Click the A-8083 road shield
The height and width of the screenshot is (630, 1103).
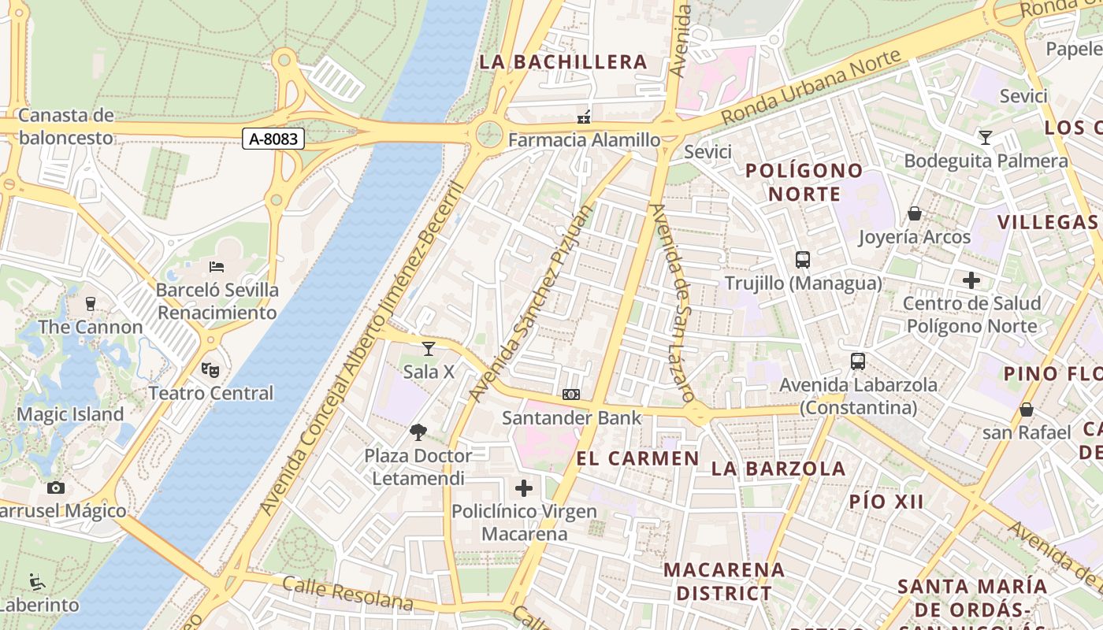coord(273,139)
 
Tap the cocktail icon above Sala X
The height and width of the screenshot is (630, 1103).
coord(428,349)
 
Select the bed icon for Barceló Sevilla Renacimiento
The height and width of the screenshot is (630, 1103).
coord(217,267)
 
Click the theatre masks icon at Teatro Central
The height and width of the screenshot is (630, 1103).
coord(210,369)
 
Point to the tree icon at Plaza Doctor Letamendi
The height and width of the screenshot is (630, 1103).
coord(418,432)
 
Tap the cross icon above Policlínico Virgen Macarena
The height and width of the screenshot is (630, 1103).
coord(524,488)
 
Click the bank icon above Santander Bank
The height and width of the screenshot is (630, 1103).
coord(571,395)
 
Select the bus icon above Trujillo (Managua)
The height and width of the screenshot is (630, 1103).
coord(803,260)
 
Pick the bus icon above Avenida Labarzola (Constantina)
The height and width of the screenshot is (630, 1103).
coord(858,361)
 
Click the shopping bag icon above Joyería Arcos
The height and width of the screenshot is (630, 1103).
coord(915,213)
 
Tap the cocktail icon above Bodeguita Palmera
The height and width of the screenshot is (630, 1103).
coord(985,138)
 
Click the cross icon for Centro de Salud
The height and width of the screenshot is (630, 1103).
coord(971,280)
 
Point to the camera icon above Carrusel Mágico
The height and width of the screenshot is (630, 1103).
coord(55,487)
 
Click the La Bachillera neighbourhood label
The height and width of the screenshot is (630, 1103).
coord(563,61)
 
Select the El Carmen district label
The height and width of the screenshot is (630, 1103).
coord(637,458)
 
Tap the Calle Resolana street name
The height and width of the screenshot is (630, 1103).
coord(347,593)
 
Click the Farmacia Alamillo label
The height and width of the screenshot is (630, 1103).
coord(584,140)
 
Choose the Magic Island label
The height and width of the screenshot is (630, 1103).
coord(70,414)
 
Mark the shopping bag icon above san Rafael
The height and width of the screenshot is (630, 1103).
coord(1027,409)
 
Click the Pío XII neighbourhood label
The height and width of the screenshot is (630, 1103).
coord(886,502)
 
